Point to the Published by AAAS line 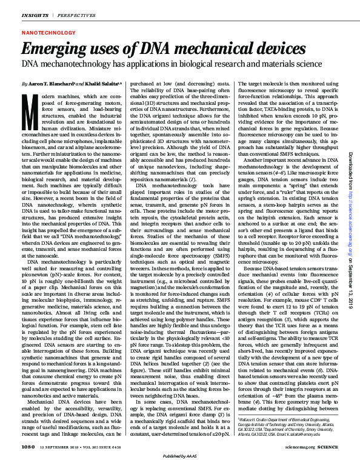coord(180,455)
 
